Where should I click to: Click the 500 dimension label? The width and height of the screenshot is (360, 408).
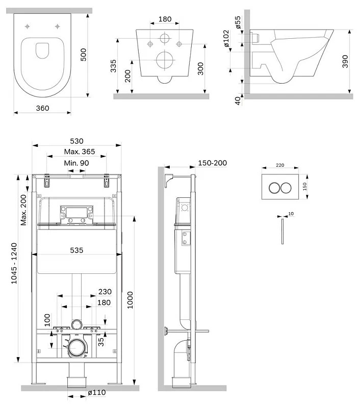pos(84,52)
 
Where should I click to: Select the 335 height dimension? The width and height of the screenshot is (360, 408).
pos(115,66)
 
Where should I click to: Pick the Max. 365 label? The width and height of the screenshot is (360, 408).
pos(77,151)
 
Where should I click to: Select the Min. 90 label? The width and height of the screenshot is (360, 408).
pos(77,163)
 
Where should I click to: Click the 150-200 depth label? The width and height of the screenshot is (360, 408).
pos(212,163)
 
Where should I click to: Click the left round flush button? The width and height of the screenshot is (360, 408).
pos(274,187)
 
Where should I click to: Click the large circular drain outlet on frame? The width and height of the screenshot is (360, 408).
pos(78,349)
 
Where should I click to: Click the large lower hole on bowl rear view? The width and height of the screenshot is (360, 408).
pos(165,60)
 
